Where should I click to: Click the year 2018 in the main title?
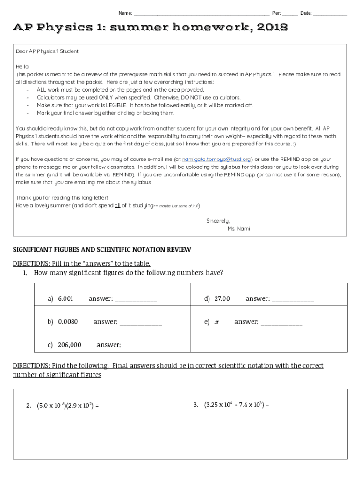pyautogui.click(x=272, y=29)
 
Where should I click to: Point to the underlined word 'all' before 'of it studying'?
pyautogui.click(x=117, y=205)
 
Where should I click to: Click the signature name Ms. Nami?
pyautogui.click(x=238, y=228)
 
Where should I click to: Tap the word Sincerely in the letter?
pyautogui.click(x=218, y=221)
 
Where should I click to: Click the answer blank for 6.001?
pyautogui.click(x=136, y=299)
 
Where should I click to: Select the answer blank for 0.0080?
pyautogui.click(x=141, y=322)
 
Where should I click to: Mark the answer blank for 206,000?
pyautogui.click(x=144, y=345)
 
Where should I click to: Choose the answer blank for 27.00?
pyautogui.click(x=293, y=299)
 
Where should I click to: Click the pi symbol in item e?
pyautogui.click(x=216, y=322)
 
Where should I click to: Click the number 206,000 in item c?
pyautogui.click(x=70, y=345)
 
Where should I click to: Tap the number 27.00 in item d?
pyautogui.click(x=222, y=298)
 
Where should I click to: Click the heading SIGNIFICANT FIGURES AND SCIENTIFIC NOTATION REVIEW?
pyautogui.click(x=101, y=250)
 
